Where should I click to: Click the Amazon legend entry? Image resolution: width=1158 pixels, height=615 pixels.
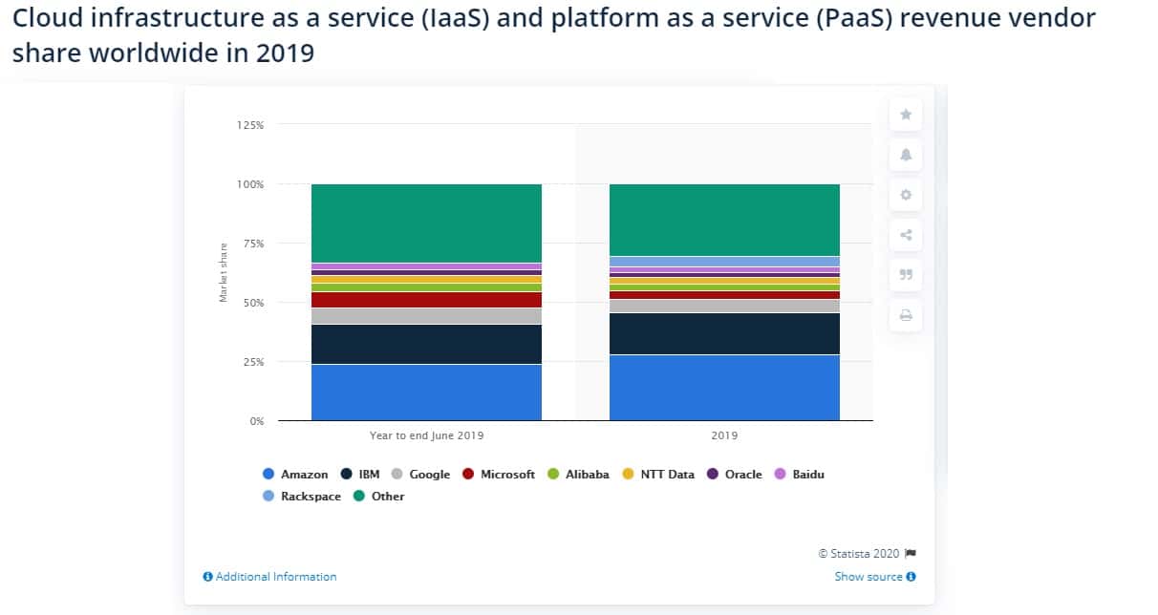295,475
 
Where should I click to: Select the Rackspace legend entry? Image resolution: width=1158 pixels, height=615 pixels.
301,497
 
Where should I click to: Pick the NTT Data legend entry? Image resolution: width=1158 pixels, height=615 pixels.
659,475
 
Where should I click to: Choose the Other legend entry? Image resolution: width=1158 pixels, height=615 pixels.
379,497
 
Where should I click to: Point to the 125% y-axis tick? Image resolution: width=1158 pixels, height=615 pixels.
250,125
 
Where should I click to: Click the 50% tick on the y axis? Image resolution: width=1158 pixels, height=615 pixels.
253,303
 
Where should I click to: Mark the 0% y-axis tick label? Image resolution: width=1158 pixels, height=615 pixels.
256,421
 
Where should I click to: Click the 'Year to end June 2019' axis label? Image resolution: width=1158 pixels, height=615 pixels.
426,435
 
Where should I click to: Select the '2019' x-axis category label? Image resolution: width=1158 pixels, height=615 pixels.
724,435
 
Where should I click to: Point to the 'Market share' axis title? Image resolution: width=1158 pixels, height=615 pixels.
224,273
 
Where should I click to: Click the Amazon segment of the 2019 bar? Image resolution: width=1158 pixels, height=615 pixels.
724,388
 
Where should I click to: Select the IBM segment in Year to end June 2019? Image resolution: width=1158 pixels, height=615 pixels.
426,345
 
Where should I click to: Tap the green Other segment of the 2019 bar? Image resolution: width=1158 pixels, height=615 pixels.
724,220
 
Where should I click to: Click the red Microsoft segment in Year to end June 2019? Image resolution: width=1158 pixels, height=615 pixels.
426,300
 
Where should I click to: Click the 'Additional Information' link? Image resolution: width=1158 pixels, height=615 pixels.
270,577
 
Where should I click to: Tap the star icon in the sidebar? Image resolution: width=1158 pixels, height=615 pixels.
906,115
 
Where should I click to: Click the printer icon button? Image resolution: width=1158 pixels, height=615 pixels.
906,315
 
